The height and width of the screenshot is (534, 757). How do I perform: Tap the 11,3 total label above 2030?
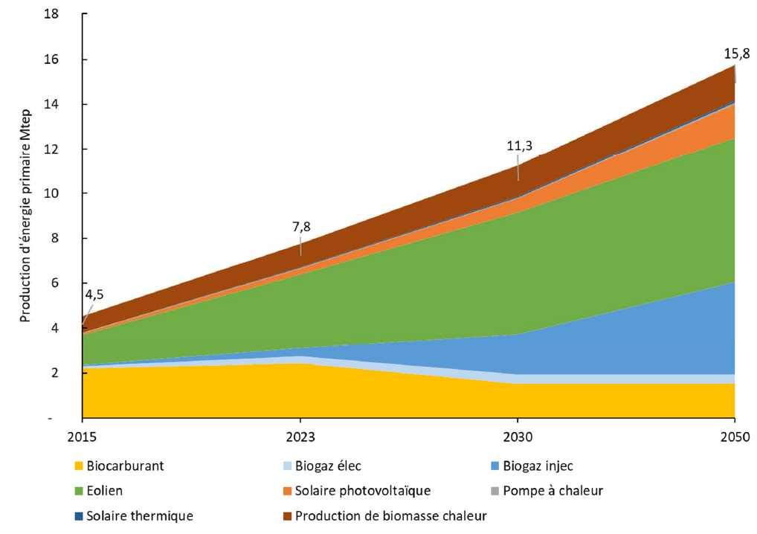tap(519, 145)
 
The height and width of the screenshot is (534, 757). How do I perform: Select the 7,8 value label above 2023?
tap(300, 225)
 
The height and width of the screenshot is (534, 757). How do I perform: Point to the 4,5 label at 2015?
tap(94, 295)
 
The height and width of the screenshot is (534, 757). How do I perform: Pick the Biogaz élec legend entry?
tap(327, 466)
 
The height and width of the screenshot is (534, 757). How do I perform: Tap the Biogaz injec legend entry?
tap(538, 466)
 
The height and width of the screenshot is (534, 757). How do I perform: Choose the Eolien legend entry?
tap(105, 491)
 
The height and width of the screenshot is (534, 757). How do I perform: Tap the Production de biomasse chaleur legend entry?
tap(390, 515)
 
